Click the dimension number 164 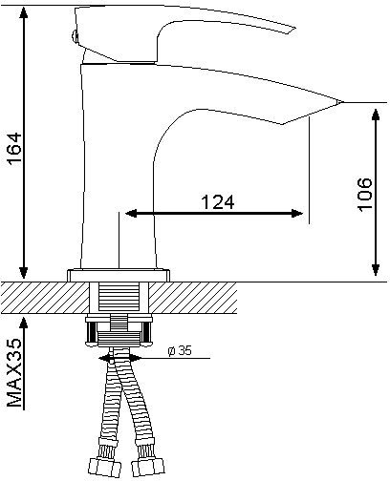(15, 149)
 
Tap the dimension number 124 (218, 201)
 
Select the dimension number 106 (365, 195)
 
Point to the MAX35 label (14, 372)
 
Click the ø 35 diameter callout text (180, 350)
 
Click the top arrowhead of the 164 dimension (23, 12)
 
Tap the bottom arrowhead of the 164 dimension (23, 272)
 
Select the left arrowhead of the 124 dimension (131, 213)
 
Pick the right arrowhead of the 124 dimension (297, 213)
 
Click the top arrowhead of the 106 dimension (377, 115)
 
